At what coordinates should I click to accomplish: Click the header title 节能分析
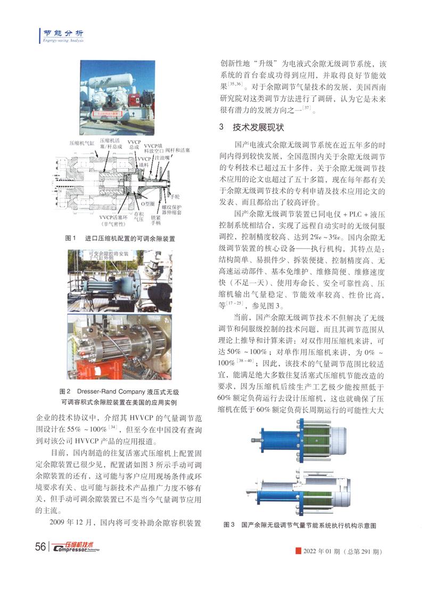[59, 33]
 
